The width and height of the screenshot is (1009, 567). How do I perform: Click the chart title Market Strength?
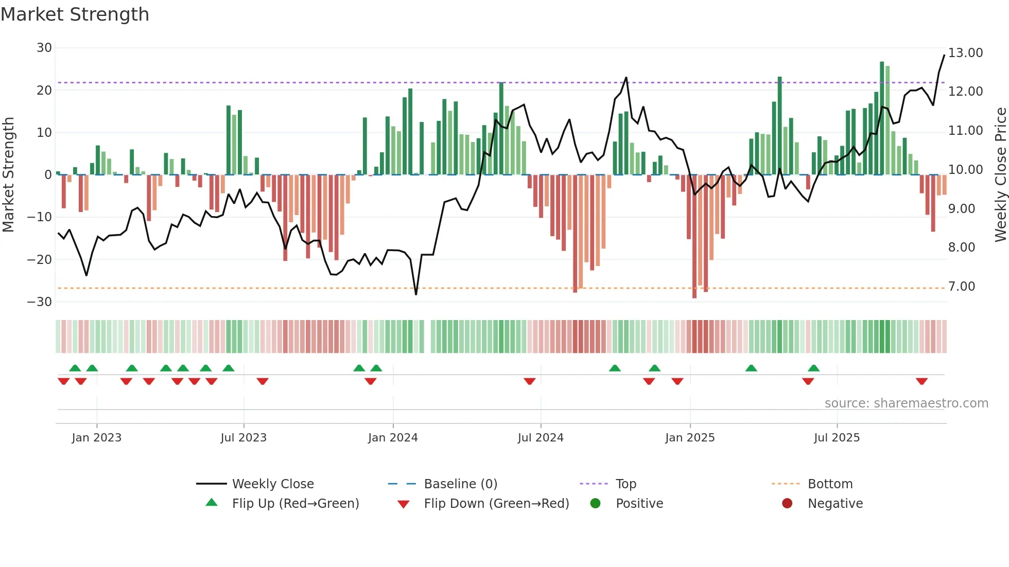75,14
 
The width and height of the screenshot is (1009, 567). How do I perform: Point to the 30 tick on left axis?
44,48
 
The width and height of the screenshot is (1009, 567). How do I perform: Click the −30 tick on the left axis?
40,302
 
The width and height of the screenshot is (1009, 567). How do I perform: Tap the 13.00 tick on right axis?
965,53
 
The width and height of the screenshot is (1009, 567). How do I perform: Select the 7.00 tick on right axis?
962,287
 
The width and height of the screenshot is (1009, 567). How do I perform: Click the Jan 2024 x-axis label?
393,438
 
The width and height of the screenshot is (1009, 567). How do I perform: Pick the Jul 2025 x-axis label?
837,438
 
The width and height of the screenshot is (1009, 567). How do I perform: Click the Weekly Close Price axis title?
1000,175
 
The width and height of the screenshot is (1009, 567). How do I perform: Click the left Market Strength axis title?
8,175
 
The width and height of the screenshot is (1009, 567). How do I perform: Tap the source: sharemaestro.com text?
906,403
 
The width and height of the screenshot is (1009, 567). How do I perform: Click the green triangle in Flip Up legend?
212,503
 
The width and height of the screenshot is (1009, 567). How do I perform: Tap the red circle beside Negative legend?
787,503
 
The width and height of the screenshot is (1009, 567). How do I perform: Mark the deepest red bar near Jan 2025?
694,237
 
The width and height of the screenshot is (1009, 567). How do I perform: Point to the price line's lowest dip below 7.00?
416,294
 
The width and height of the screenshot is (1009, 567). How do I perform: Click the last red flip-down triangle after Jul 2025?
921,381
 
